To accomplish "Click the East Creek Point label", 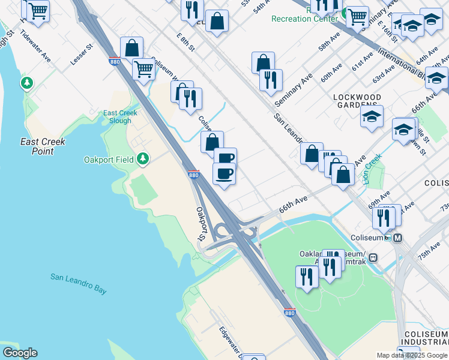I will (43, 146).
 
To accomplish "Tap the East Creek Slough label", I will (120, 117).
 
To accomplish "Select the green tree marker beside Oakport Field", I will (142, 159).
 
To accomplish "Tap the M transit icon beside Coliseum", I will (397, 238).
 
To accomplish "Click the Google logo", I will (19, 353).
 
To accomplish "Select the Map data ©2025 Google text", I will (412, 355).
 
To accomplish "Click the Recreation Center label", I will (304, 19).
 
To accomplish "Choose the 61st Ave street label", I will (363, 61).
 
